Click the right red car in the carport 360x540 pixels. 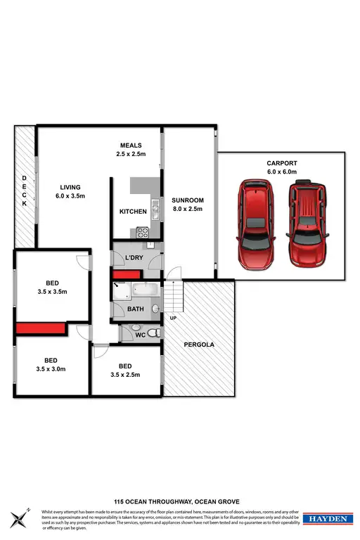coord(307,225)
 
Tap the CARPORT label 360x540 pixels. coord(281,167)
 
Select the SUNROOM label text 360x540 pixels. coord(187,201)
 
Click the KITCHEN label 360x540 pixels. coord(133,211)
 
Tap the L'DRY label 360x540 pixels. coord(134,259)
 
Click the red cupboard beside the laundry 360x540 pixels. coord(118,274)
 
